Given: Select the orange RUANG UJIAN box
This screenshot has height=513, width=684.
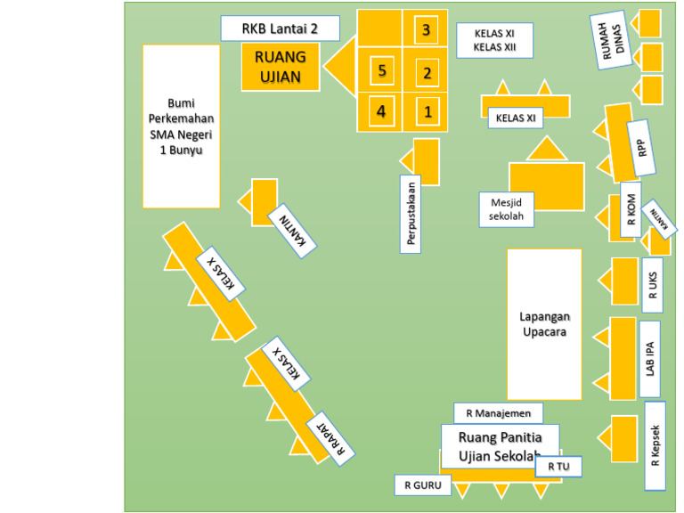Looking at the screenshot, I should click(281, 67).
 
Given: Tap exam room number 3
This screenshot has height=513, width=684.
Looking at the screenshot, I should click(427, 30).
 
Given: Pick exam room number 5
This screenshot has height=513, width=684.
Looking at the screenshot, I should click(381, 70).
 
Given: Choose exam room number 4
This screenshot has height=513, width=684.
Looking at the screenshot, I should click(381, 111).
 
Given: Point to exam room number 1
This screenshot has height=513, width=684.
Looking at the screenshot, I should click(427, 111).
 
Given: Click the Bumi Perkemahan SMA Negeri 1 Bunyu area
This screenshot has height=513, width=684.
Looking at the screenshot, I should click(181, 126).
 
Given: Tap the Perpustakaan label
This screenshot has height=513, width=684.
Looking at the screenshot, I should click(411, 214).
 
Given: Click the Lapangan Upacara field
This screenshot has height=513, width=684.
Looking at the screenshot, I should click(544, 324).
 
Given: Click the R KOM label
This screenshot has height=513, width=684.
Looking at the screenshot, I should click(631, 214).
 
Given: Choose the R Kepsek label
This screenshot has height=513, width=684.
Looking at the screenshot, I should click(655, 445).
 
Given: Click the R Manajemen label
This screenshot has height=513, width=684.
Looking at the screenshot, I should click(498, 413).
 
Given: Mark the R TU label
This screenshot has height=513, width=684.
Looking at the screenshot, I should click(558, 466).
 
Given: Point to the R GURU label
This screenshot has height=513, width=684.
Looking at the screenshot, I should click(423, 485).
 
